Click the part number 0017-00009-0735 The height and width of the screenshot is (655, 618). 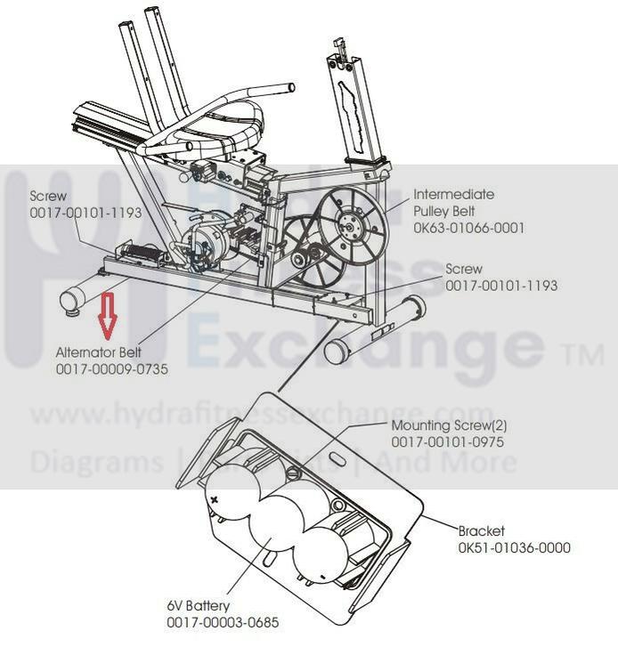111,368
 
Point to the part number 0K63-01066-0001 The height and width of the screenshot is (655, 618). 469,228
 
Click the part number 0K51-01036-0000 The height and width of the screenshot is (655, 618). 515,547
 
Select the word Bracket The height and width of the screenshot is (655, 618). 482,530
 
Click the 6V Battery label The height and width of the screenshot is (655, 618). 198,606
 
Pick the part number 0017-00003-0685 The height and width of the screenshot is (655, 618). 223,622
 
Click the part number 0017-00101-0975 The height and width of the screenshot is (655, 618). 449,441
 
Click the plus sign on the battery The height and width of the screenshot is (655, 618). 215,500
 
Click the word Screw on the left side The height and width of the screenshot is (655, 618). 48,196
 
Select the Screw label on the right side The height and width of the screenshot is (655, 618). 463,269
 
